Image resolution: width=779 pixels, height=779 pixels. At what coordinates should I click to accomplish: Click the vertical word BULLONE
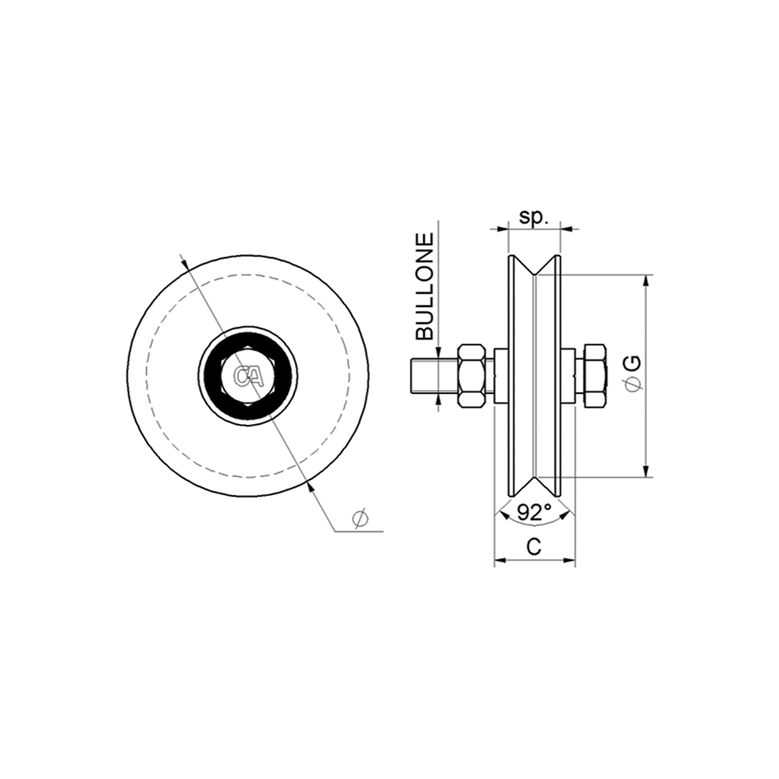point(425,287)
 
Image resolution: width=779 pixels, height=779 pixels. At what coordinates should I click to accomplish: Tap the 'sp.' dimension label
point(534,217)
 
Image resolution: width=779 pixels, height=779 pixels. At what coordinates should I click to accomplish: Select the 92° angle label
point(534,512)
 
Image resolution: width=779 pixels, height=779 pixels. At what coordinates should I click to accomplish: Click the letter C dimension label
point(534,547)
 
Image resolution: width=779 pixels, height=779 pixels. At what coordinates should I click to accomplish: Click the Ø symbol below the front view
point(359,518)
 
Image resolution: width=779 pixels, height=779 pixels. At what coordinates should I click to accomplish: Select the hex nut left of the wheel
point(472,376)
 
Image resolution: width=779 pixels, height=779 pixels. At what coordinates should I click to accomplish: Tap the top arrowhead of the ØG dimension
point(646,280)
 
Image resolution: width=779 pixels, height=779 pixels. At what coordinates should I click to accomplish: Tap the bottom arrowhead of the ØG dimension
point(646,471)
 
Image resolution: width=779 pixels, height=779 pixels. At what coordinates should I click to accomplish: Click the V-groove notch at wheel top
point(534,269)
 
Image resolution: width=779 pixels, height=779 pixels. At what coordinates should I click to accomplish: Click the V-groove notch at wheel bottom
point(534,485)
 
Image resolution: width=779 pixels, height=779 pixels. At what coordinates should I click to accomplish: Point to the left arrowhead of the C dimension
point(500,559)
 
